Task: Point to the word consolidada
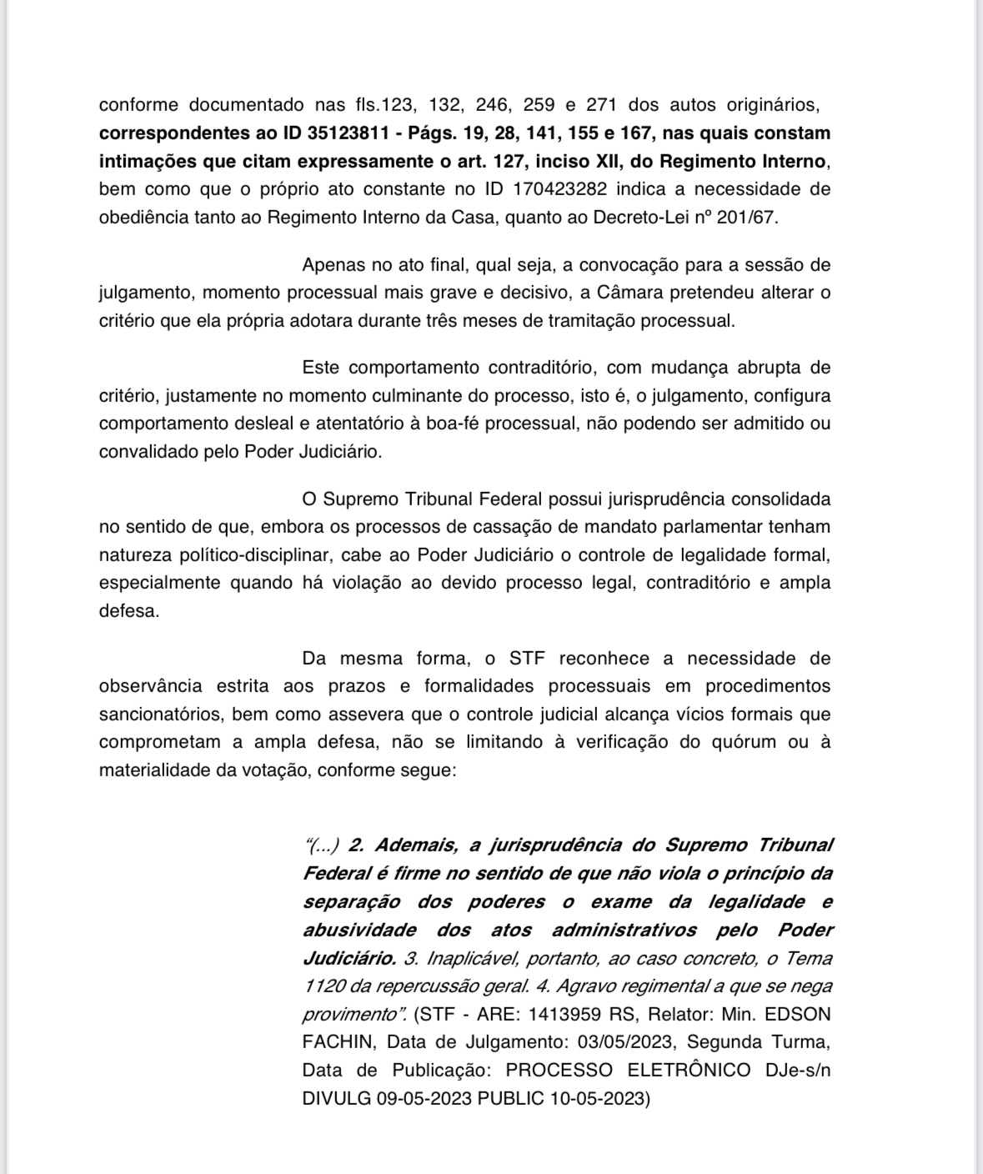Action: [780, 499]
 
